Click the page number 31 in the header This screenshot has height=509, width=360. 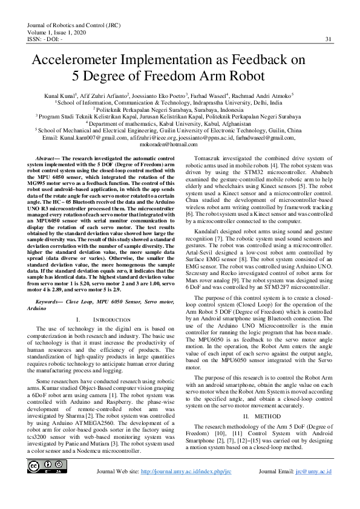tap(329, 39)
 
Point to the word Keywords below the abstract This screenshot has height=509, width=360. tap(50, 300)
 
